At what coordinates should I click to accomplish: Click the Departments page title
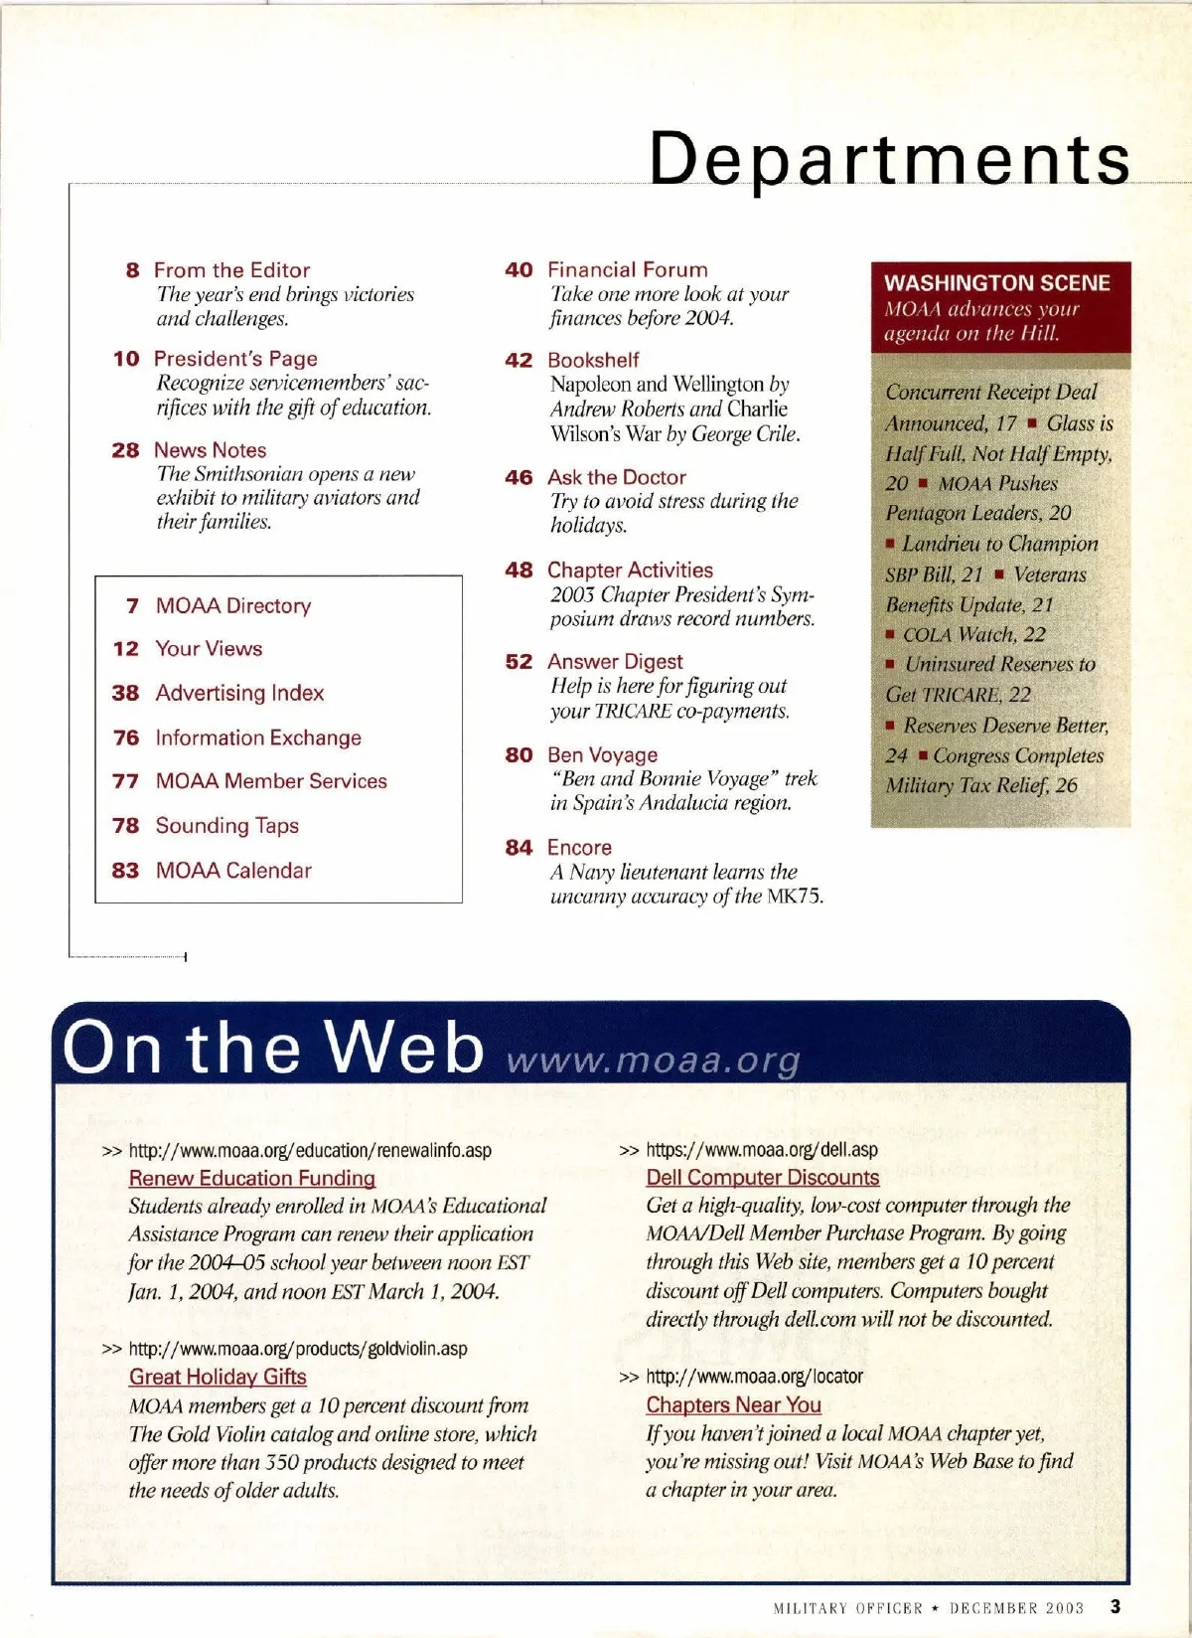pyautogui.click(x=889, y=158)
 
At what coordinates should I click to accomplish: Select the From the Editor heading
pyautogui.click(x=231, y=270)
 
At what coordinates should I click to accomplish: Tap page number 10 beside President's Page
pyautogui.click(x=126, y=359)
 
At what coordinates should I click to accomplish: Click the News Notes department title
pyautogui.click(x=210, y=450)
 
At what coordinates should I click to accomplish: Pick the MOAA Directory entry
pyautogui.click(x=232, y=605)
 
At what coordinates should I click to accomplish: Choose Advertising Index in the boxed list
pyautogui.click(x=239, y=693)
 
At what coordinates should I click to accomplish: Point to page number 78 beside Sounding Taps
pyautogui.click(x=125, y=826)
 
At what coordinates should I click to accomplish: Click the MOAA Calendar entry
pyautogui.click(x=233, y=871)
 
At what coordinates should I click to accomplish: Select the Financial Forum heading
pyautogui.click(x=627, y=269)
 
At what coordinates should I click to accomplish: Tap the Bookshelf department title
pyautogui.click(x=593, y=360)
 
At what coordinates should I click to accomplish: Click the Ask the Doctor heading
pyautogui.click(x=616, y=477)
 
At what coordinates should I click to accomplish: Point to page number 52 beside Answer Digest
pyautogui.click(x=519, y=662)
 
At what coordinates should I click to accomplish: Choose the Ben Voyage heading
pyautogui.click(x=602, y=755)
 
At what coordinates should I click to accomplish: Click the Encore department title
pyautogui.click(x=579, y=848)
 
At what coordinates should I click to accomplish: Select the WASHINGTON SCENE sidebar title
pyautogui.click(x=996, y=283)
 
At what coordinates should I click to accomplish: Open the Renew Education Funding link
pyautogui.click(x=251, y=1178)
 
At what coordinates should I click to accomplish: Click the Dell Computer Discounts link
pyautogui.click(x=762, y=1177)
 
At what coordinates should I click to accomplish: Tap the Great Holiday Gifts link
pyautogui.click(x=218, y=1377)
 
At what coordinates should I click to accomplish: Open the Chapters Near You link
pyautogui.click(x=733, y=1404)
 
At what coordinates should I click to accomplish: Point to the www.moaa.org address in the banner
pyautogui.click(x=653, y=1061)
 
